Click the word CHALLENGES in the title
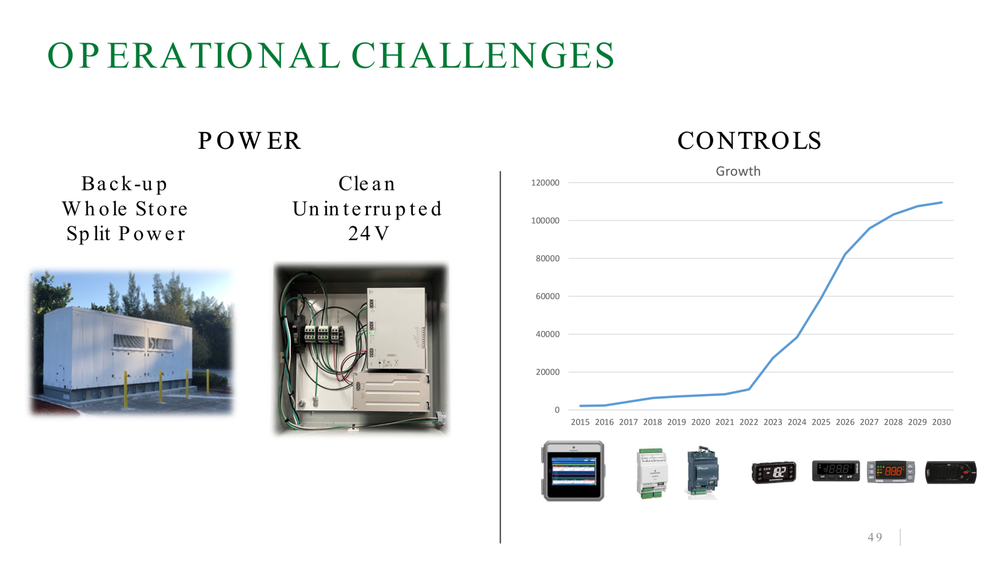[x=483, y=56]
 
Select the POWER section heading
[x=250, y=141]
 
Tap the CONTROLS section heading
[x=749, y=141]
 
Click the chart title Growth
[x=738, y=171]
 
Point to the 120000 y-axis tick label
[x=545, y=183]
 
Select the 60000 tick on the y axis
[x=547, y=297]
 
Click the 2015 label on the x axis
[x=580, y=422]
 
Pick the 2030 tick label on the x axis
[x=941, y=422]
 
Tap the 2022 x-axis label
[x=748, y=422]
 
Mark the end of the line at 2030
[x=941, y=203]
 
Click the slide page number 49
[x=875, y=537]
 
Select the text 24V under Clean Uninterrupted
[x=368, y=234]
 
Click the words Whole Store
[x=125, y=209]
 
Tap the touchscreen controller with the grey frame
[x=573, y=471]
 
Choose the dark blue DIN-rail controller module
[x=703, y=471]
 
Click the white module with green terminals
[x=651, y=473]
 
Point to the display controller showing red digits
[x=891, y=471]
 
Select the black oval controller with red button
[x=951, y=472]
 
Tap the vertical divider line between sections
[x=500, y=357]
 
